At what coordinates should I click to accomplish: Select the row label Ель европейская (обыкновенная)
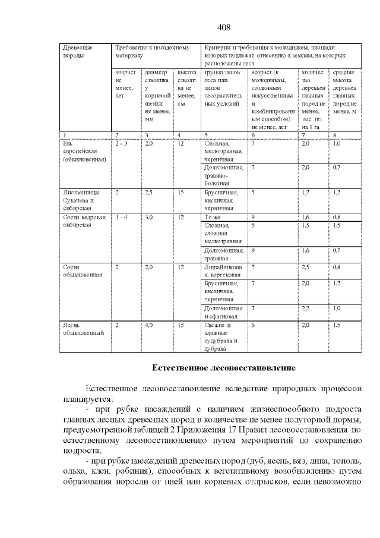point(84,152)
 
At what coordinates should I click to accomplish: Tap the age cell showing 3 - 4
point(121,218)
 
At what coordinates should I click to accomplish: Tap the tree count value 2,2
point(306,308)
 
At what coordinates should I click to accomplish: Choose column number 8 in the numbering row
point(335,136)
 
